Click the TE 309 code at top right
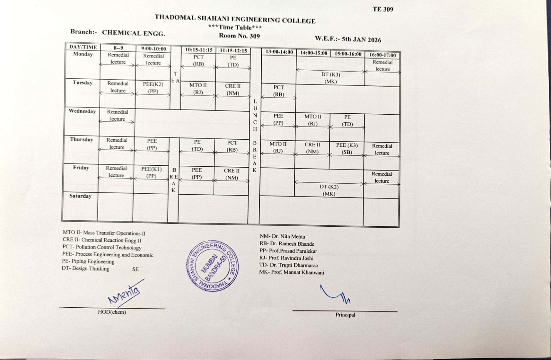382,9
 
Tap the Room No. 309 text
239,36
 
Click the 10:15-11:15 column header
199,50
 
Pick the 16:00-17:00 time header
382,55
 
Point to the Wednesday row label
82,111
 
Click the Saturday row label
80,196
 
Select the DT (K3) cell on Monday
330,78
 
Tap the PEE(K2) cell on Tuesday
153,88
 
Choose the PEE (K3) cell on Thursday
347,148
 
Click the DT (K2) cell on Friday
329,190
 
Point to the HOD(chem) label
112,312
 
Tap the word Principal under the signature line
345,315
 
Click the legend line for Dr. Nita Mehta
282,237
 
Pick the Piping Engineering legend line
88,261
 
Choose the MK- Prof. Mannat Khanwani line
292,272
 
